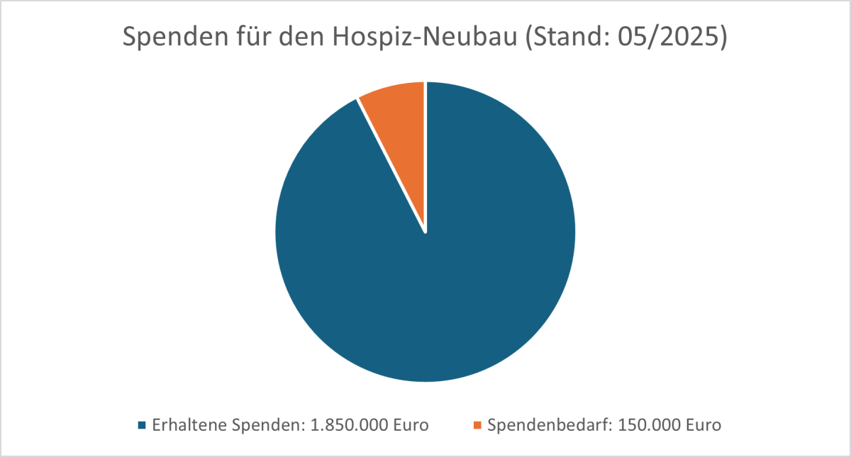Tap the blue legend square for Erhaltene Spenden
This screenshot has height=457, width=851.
click(142, 426)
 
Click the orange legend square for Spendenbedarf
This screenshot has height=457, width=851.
click(477, 426)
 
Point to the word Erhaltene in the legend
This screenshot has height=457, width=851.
click(187, 426)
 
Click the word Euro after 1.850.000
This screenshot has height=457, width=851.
click(410, 426)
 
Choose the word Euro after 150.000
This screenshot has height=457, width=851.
click(701, 426)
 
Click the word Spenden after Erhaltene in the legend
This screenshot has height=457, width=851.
click(262, 426)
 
